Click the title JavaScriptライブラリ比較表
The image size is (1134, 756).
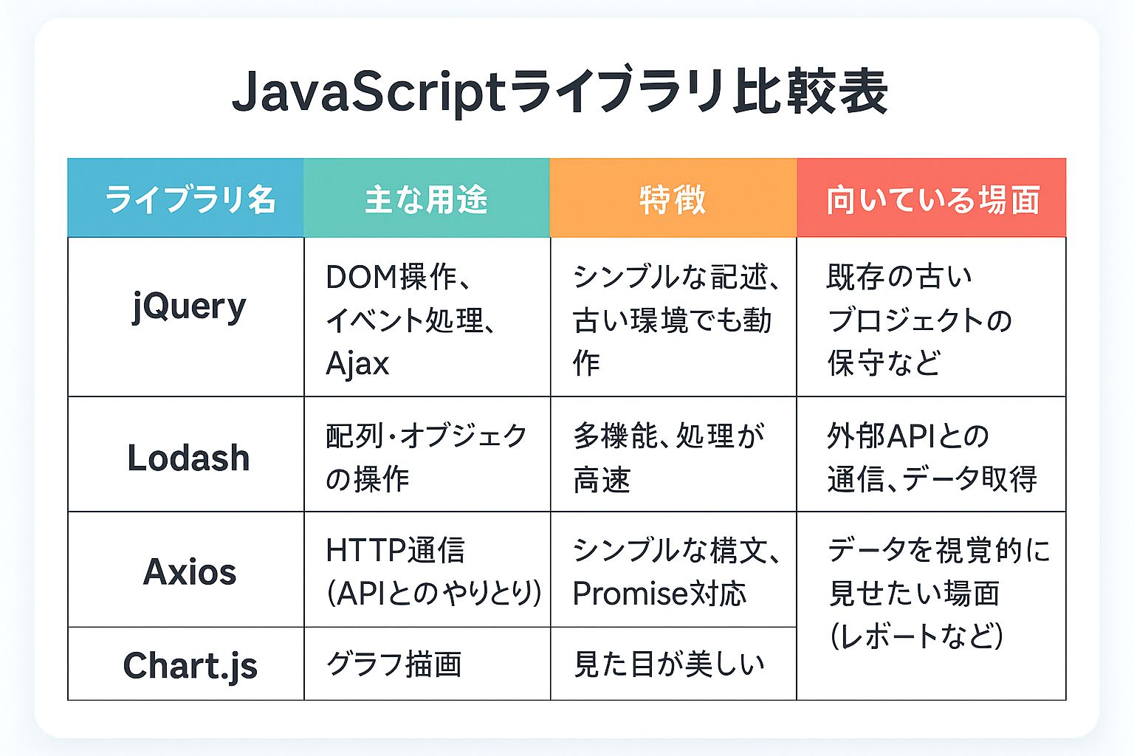tap(560, 91)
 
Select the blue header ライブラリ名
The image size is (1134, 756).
tap(190, 199)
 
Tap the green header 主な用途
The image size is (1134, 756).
tap(426, 199)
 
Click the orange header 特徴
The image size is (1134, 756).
tap(673, 199)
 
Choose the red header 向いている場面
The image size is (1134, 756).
tap(933, 199)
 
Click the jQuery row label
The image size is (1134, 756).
tap(189, 307)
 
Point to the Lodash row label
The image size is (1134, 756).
tap(189, 458)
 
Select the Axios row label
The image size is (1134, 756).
tap(190, 571)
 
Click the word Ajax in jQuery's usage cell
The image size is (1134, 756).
tap(357, 363)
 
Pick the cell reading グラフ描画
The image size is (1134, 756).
tap(394, 664)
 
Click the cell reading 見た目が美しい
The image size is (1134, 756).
tap(668, 664)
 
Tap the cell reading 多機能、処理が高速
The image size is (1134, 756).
tap(669, 457)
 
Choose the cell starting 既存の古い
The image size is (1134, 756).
tap(919, 320)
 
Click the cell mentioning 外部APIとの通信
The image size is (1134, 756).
tap(932, 457)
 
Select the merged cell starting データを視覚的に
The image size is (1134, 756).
tap(940, 593)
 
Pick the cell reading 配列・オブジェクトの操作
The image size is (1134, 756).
tap(426, 457)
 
